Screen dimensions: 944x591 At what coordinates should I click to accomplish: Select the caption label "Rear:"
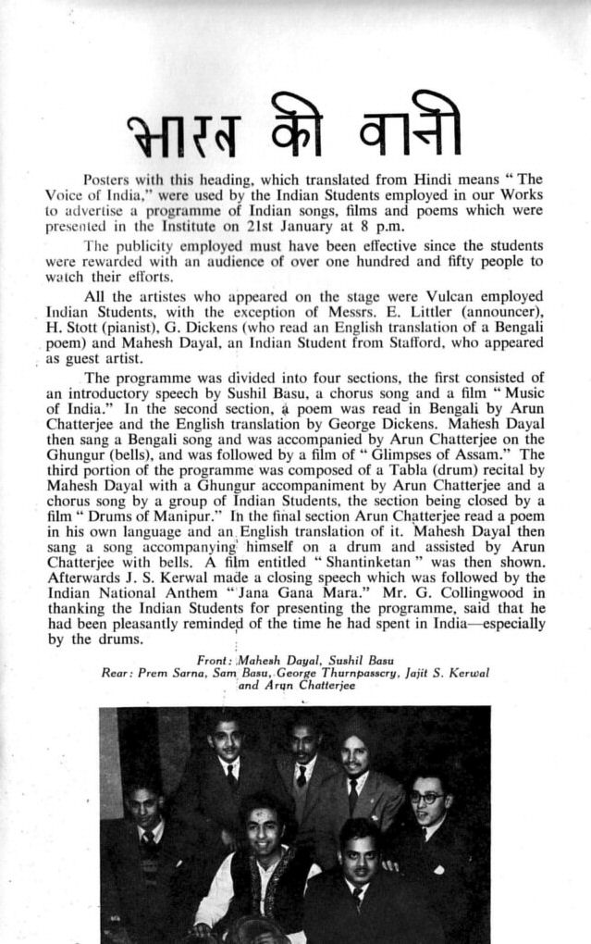point(117,673)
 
